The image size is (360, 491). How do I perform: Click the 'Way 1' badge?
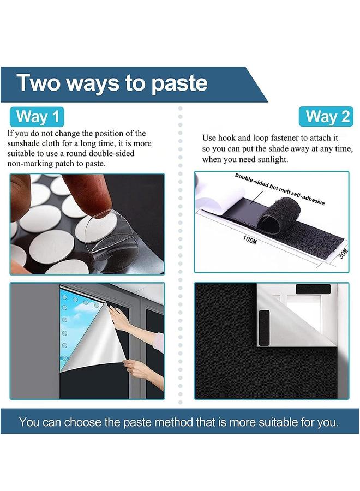(x=37, y=117)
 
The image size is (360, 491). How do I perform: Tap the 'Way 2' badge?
(x=326, y=117)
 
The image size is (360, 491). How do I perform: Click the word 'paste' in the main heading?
(x=179, y=84)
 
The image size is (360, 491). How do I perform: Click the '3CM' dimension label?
(x=344, y=253)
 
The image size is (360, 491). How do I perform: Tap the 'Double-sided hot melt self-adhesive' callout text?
(x=280, y=189)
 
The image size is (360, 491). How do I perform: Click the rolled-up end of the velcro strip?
(x=278, y=217)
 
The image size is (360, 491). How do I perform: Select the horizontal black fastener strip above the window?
(x=313, y=289)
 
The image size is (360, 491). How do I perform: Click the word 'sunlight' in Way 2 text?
(x=272, y=159)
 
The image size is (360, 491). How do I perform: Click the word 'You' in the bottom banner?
(x=29, y=422)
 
